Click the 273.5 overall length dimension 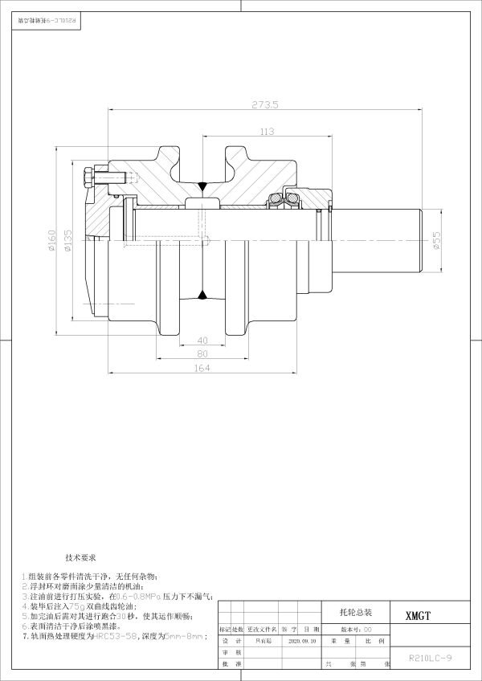(x=265, y=104)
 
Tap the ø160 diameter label (x=51, y=242)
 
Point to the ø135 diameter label (x=67, y=242)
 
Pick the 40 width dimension (x=202, y=339)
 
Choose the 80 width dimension (x=202, y=353)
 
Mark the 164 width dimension (x=202, y=369)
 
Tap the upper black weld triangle (x=202, y=188)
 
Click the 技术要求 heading (x=80, y=557)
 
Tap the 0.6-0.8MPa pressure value (x=138, y=597)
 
